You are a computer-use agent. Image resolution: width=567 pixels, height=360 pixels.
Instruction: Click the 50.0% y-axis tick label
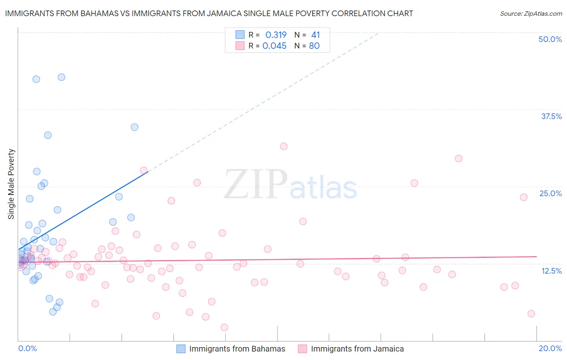[x=550, y=39]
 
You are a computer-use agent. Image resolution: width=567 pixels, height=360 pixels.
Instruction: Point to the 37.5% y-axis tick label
[x=551, y=116]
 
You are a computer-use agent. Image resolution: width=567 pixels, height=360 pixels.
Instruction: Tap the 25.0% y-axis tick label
[x=550, y=193]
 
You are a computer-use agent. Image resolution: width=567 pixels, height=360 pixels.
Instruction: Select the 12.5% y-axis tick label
[x=551, y=271]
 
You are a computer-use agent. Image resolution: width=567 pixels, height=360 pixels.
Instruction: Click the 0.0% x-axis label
[x=27, y=348]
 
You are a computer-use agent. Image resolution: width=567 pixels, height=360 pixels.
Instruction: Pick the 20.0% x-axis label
[x=550, y=348]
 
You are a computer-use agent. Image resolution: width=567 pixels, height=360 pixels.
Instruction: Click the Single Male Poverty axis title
[x=11, y=184]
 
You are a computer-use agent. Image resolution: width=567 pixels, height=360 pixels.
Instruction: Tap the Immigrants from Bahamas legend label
[x=237, y=349]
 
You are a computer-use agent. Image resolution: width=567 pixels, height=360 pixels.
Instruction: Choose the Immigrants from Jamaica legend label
[x=357, y=349]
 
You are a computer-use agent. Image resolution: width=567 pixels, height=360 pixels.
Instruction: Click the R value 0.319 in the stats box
[x=276, y=35]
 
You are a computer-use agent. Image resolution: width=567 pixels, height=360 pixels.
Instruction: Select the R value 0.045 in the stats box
[x=275, y=46]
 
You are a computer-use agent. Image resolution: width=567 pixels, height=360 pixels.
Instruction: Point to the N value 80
[x=314, y=46]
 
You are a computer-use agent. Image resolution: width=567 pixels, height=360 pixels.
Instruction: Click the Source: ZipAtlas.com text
[x=531, y=13]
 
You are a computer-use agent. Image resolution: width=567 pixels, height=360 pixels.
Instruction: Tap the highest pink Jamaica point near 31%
[x=284, y=146]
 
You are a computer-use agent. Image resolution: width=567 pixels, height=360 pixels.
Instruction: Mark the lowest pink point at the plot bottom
[x=224, y=327]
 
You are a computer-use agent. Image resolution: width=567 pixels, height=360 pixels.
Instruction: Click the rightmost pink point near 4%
[x=531, y=314]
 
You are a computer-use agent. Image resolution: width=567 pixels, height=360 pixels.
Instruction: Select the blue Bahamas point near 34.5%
[x=135, y=127]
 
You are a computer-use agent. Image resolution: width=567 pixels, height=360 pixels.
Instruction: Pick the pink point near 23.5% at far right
[x=523, y=197]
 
